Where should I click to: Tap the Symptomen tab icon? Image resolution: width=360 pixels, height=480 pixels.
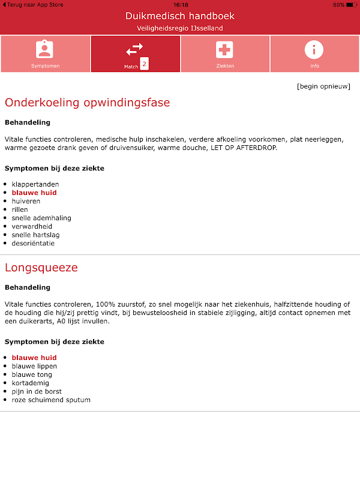[x=45, y=49]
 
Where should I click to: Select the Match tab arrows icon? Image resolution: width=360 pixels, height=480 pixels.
[x=135, y=49]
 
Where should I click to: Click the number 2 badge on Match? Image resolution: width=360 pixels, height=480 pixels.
[x=144, y=64]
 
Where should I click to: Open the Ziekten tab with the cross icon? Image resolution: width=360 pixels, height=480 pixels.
[x=225, y=50]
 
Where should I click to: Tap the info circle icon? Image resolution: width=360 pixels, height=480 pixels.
[x=314, y=49]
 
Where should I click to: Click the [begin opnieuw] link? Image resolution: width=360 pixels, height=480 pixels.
[x=323, y=86]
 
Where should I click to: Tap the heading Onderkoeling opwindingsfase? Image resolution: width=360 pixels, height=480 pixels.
[x=88, y=103]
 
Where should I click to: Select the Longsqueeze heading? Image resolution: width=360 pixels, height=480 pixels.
[x=41, y=268]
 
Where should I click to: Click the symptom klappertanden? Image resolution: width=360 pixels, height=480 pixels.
[x=35, y=184]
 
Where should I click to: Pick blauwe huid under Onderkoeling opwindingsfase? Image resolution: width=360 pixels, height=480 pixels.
[x=34, y=193]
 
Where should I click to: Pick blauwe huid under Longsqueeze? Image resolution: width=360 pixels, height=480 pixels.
[x=34, y=358]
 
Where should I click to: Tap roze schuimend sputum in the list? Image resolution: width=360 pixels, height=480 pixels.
[x=51, y=400]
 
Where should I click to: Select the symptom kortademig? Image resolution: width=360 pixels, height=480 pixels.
[x=31, y=383]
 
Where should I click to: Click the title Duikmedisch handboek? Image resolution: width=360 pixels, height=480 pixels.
[x=180, y=16]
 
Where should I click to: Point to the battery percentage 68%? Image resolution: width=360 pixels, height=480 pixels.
[x=338, y=4]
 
